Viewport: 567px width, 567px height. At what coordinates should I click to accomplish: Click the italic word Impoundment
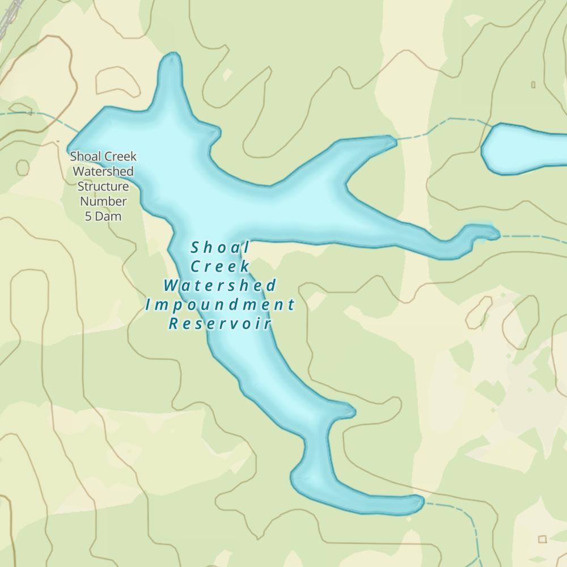click(220, 304)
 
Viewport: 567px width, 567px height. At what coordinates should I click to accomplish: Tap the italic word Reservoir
click(220, 324)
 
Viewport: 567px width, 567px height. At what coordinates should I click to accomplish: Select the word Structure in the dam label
click(103, 186)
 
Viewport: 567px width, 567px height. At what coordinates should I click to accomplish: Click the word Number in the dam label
click(103, 201)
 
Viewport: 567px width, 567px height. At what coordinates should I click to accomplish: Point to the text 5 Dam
click(103, 215)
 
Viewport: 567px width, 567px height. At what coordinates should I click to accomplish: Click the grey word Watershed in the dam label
click(103, 171)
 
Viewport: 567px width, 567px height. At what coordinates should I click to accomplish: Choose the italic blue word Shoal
click(220, 247)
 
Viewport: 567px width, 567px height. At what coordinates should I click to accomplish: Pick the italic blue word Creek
click(220, 266)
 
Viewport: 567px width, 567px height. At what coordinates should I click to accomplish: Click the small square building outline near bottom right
click(543, 539)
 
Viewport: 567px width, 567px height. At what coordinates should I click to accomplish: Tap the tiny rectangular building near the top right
click(533, 84)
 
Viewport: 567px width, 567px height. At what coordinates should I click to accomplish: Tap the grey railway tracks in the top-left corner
click(7, 17)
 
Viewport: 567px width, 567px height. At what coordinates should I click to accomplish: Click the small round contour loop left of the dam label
click(22, 167)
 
